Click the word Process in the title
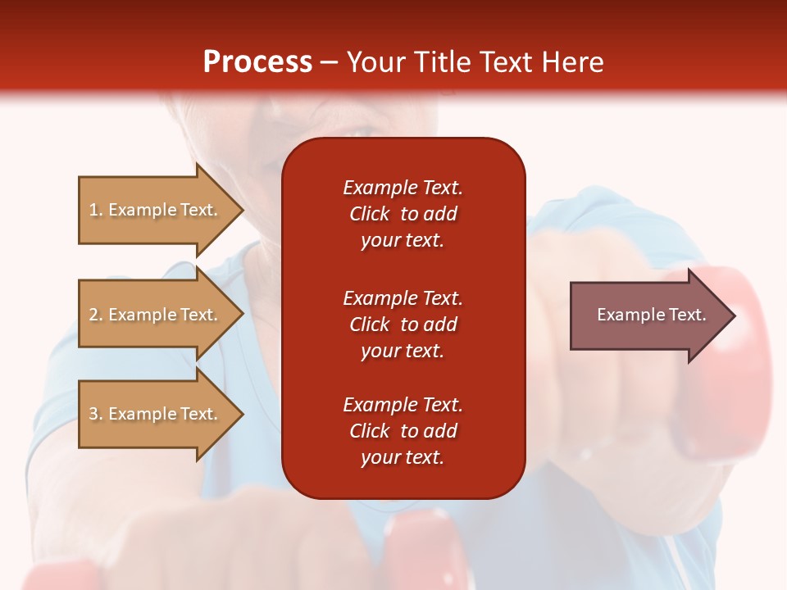click(x=257, y=61)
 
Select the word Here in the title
click(x=572, y=61)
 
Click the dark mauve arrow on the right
click(x=653, y=315)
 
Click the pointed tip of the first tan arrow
click(x=243, y=210)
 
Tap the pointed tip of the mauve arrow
click(x=735, y=315)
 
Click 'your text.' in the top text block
click(x=403, y=241)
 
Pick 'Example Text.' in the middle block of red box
click(x=403, y=298)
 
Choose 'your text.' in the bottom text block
click(x=403, y=457)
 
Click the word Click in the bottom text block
click(x=370, y=431)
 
